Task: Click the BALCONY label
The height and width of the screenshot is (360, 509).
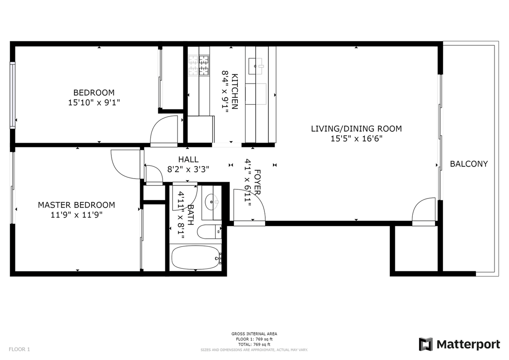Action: (x=469, y=164)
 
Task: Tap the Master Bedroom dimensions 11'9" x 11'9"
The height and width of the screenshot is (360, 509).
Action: (x=76, y=215)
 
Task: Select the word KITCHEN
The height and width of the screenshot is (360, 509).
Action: (x=235, y=91)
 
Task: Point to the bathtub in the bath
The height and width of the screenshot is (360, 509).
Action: (x=196, y=258)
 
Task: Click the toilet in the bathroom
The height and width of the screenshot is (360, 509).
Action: (x=209, y=232)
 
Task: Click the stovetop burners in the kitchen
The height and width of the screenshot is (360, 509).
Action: (x=199, y=66)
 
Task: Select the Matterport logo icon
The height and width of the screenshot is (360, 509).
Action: (x=426, y=344)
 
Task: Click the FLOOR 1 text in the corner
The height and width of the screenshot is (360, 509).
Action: (x=19, y=349)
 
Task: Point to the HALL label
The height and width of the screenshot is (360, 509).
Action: (x=188, y=160)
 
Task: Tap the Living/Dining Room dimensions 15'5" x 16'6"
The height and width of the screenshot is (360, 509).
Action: (x=356, y=139)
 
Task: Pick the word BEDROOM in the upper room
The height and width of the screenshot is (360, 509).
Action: (x=94, y=93)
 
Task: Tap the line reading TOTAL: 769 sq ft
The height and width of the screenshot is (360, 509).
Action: (x=254, y=344)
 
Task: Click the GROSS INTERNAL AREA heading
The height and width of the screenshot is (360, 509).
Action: (x=254, y=334)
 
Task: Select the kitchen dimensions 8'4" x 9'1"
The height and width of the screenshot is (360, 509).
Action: (x=225, y=91)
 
